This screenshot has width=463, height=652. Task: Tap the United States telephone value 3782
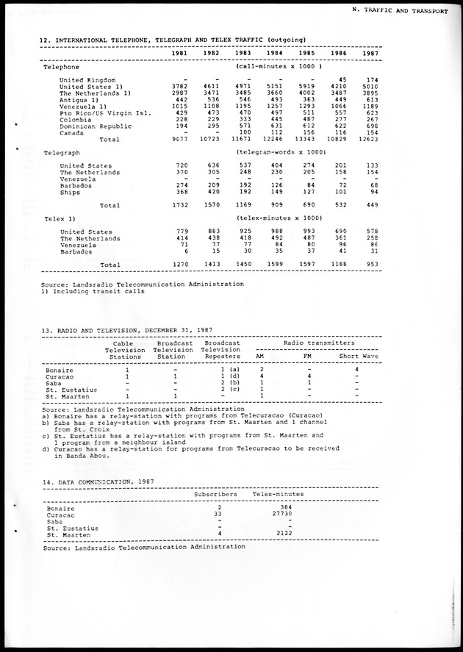(181, 86)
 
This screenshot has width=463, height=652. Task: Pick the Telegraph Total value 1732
(181, 205)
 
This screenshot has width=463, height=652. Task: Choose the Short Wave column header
(359, 357)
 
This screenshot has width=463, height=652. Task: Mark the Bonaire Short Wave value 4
(356, 369)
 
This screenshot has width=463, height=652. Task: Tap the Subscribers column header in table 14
(215, 495)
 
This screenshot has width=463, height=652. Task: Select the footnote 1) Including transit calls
(93, 291)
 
